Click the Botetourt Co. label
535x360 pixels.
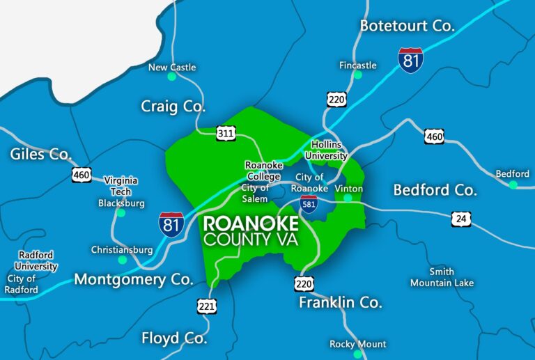407,26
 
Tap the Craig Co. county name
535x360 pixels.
173,107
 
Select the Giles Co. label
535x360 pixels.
41,153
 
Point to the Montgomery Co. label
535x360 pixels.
133,279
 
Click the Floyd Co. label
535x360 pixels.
174,338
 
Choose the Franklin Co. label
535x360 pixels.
341,302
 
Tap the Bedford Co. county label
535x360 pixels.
435,189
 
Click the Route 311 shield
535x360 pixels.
226,132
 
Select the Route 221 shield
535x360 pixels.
207,305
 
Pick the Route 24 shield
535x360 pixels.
460,219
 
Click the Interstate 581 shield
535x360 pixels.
309,204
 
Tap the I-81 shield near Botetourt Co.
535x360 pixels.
411,61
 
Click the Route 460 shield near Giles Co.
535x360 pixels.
82,174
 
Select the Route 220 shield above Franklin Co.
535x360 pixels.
304,283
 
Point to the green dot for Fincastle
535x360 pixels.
357,75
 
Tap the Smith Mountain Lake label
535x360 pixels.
442,277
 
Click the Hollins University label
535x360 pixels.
325,150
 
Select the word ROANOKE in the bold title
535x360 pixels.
251,224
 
